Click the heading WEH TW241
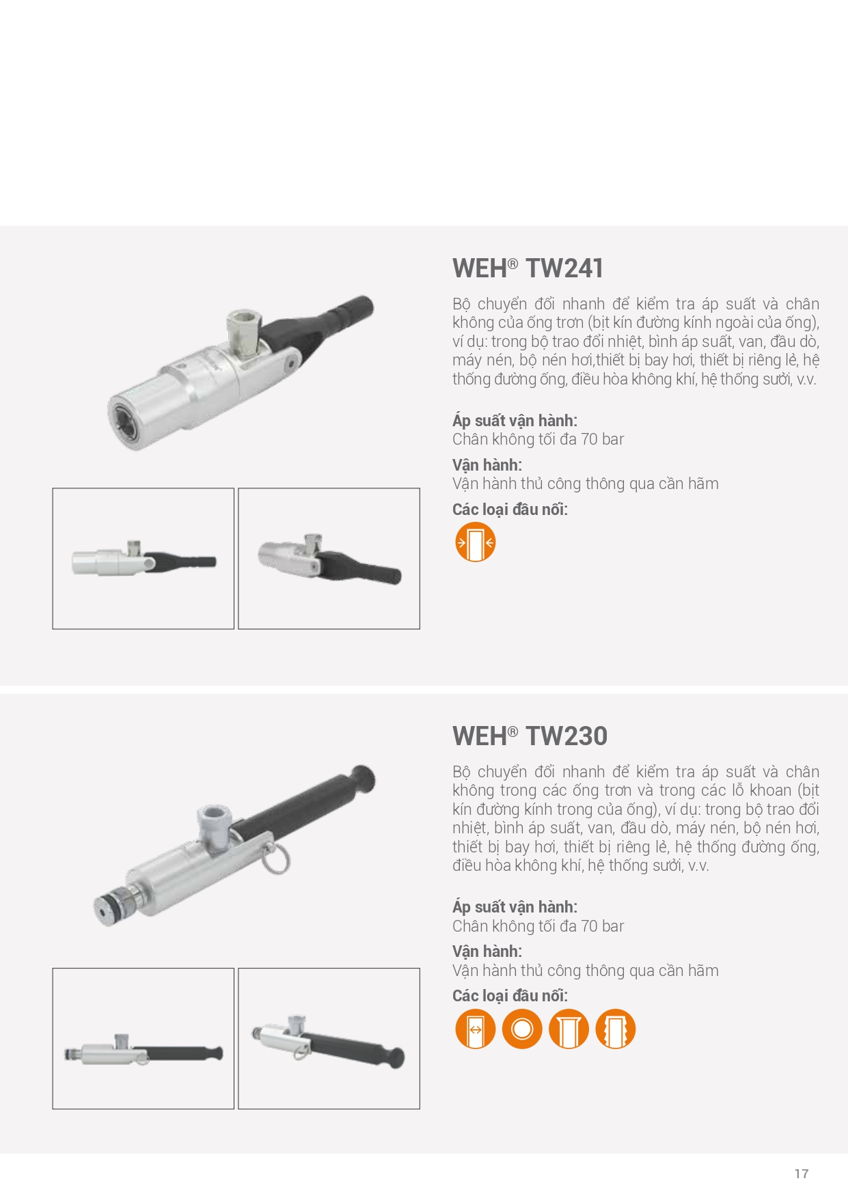528,268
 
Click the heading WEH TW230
530,736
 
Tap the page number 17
802,1173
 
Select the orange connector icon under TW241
475,542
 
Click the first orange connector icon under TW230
475,1029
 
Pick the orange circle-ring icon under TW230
522,1029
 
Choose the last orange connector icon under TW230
616,1029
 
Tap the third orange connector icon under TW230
569,1029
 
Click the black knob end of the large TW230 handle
363,779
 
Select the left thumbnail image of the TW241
143,559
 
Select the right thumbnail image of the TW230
329,1038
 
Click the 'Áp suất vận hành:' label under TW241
515,421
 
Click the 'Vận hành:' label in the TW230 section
487,951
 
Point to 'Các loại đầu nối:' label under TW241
510,510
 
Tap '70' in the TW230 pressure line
590,926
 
